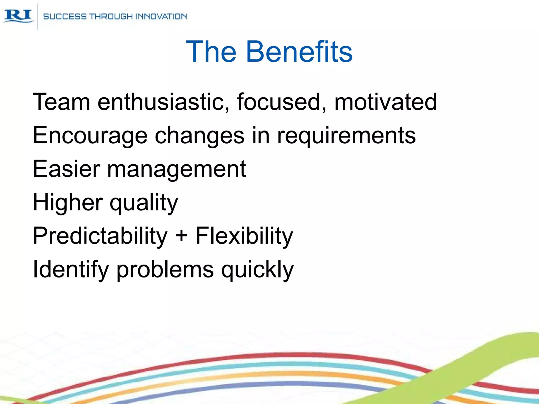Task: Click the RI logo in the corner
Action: click(18, 16)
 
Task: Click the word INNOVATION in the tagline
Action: click(161, 17)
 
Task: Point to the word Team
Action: click(61, 102)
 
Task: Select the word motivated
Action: click(385, 102)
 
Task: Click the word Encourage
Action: click(90, 136)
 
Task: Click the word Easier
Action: click(66, 169)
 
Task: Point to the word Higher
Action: click(68, 202)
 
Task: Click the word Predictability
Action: click(100, 236)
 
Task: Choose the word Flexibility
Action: click(244, 236)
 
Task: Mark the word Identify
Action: click(71, 270)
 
